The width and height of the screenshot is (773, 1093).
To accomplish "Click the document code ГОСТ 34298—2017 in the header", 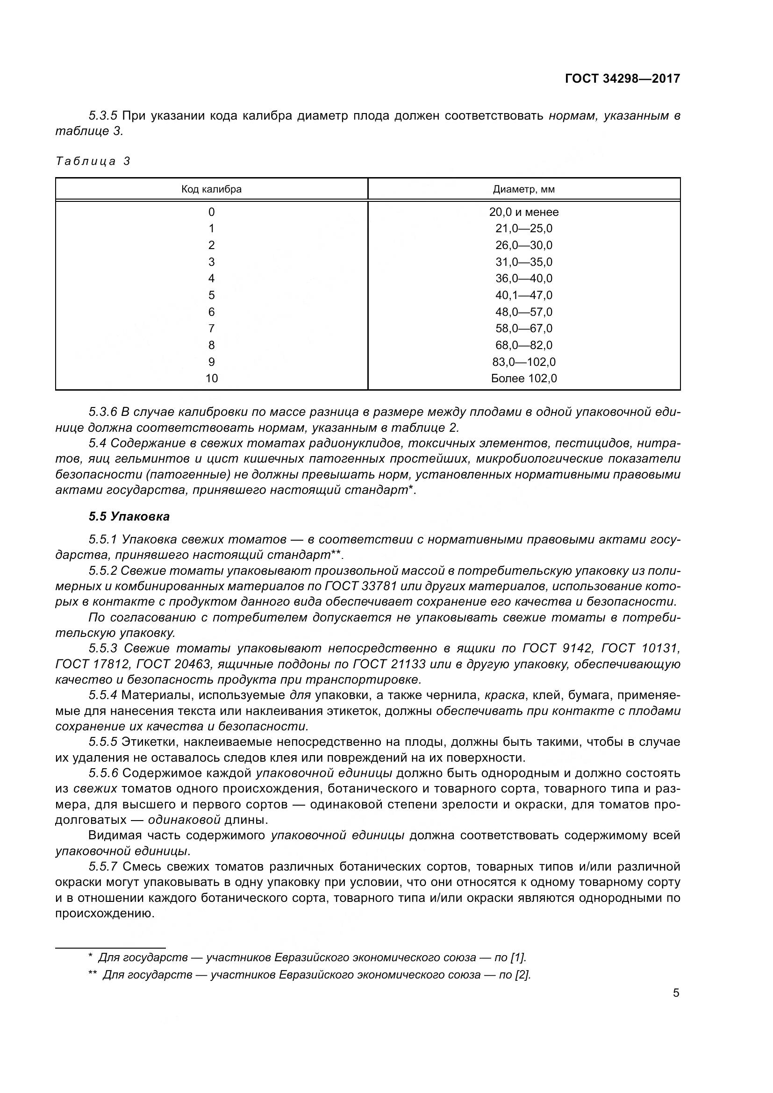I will [622, 79].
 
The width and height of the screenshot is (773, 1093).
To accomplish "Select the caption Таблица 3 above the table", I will [93, 161].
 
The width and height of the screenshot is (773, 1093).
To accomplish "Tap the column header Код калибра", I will [211, 189].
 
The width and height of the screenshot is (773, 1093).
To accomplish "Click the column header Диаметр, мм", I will [523, 189].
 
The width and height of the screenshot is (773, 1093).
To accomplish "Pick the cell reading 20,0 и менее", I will [523, 212].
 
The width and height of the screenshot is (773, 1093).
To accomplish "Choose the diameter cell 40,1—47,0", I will [523, 295].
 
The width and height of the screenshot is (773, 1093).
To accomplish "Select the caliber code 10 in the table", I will [211, 379].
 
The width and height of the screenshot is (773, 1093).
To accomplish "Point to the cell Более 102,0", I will [523, 379].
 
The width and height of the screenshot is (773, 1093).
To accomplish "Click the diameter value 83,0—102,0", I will [523, 362].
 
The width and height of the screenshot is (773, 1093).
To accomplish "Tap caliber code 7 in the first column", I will [211, 329].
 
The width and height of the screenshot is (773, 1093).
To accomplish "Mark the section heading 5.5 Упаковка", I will [129, 516].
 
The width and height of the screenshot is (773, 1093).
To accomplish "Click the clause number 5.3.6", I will [103, 412].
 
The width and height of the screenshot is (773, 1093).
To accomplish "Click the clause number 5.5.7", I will [103, 866].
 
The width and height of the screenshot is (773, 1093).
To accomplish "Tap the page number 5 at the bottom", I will [676, 993].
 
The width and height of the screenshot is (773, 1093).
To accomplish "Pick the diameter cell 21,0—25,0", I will [523, 229].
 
